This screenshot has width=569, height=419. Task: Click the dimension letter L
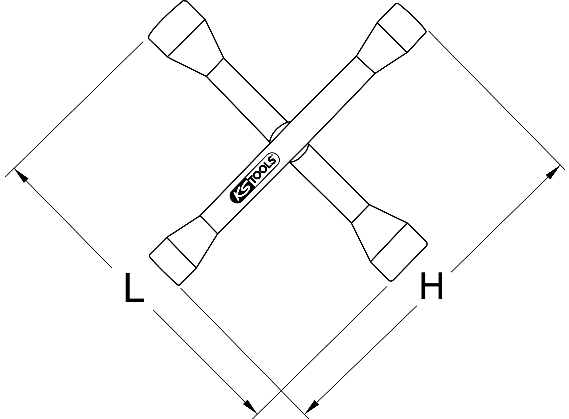click(135, 287)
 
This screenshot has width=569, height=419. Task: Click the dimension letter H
click(432, 286)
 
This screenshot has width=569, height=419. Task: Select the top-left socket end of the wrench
click(177, 28)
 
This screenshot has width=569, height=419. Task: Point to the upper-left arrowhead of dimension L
click(21, 175)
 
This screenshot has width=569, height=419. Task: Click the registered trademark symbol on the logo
click(272, 155)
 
